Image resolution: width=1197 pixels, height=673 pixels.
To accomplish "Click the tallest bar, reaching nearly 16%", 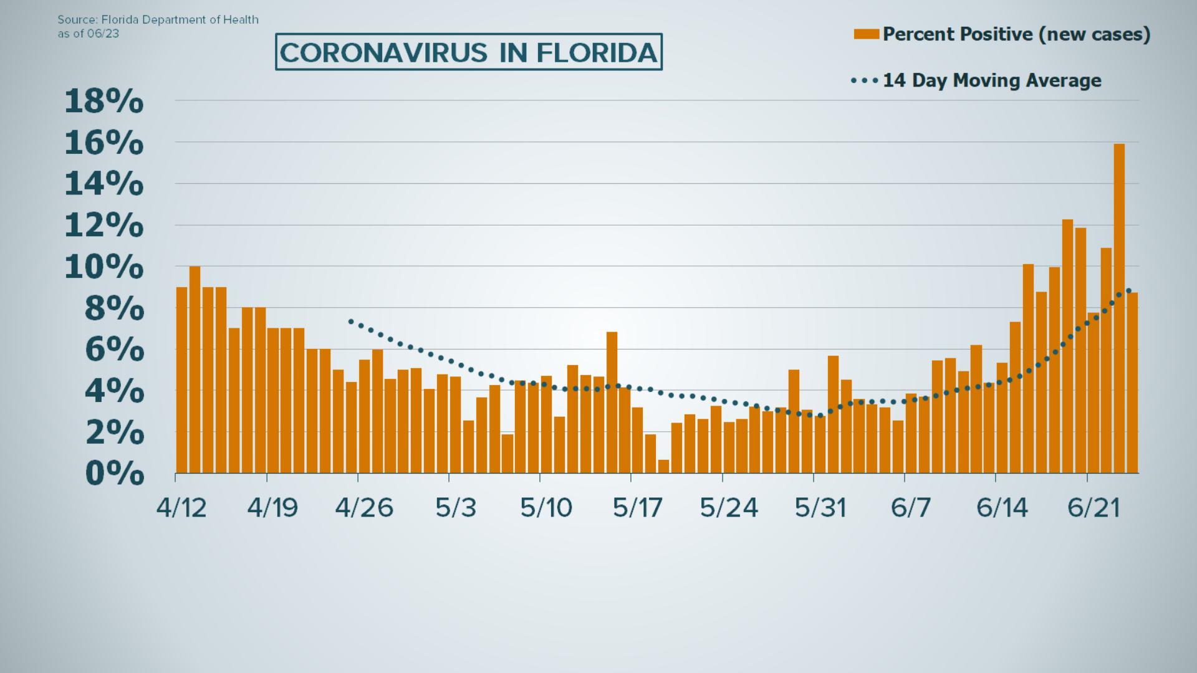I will (1119, 308).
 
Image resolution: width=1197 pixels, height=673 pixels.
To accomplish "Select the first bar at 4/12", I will (181, 380).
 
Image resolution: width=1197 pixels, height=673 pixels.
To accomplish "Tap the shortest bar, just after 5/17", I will (663, 467).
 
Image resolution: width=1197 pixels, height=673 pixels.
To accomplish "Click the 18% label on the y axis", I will (104, 101).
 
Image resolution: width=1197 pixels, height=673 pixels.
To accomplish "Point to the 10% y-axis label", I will (104, 267).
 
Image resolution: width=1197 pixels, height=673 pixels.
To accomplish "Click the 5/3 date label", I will (456, 508).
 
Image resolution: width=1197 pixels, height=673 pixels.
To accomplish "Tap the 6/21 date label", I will (1094, 508).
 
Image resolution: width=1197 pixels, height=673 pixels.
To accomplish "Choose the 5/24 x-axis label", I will (729, 508).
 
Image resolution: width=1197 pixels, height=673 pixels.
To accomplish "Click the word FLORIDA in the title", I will (597, 52).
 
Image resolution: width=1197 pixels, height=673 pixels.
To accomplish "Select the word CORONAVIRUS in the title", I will (383, 52).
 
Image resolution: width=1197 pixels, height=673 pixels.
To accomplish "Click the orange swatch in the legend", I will (866, 34).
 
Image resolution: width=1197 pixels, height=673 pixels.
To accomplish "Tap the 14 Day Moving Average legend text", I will (992, 80).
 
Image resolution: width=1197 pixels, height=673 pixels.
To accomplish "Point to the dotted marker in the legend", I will (865, 80).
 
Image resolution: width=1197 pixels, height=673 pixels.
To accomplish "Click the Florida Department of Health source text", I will (180, 19).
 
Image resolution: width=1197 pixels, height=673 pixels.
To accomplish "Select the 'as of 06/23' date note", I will (88, 34).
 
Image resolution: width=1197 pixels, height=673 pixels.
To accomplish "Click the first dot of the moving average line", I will (351, 322).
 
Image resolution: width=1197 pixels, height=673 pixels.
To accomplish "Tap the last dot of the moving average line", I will (1128, 291).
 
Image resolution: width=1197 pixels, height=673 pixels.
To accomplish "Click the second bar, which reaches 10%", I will (195, 370).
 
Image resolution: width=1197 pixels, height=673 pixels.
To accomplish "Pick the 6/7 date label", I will (911, 508).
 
